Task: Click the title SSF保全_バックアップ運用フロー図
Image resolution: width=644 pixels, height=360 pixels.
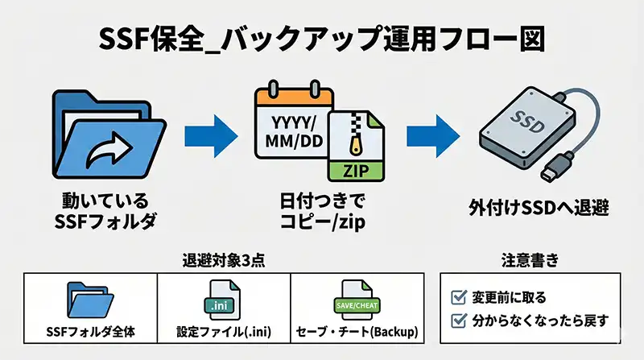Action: click(322, 39)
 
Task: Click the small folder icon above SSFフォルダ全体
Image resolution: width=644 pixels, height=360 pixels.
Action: click(91, 301)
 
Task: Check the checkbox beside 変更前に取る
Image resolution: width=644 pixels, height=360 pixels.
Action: click(460, 297)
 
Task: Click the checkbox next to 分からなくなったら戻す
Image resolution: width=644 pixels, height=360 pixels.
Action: click(460, 320)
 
